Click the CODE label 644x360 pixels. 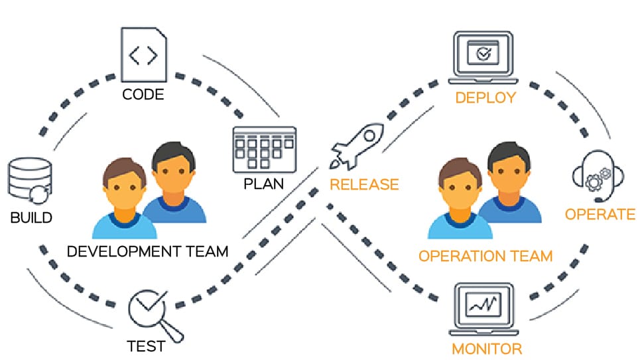[143, 95]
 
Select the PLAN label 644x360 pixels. [264, 183]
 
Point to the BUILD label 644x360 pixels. [31, 217]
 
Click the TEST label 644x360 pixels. [146, 346]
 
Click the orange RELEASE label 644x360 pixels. [364, 184]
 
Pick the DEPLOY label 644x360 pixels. [485, 98]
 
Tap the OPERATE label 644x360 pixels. [600, 215]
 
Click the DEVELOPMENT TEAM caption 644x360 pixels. [148, 252]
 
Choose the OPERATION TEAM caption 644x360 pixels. [485, 257]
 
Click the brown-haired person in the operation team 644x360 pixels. [460, 199]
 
